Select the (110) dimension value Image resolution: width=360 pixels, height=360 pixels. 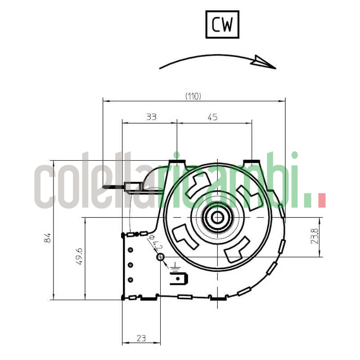pos(193,96)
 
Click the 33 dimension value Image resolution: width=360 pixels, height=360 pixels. pos(151,117)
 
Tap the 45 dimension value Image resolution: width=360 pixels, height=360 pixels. pos(212,117)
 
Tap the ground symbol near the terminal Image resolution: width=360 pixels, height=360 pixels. pos(175,270)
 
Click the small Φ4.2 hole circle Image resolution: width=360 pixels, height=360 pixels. pos(160,257)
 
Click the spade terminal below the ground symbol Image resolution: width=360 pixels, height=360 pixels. pos(179,279)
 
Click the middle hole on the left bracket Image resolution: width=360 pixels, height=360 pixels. pos(130,265)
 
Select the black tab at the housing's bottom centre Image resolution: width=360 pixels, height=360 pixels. pos(218,298)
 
